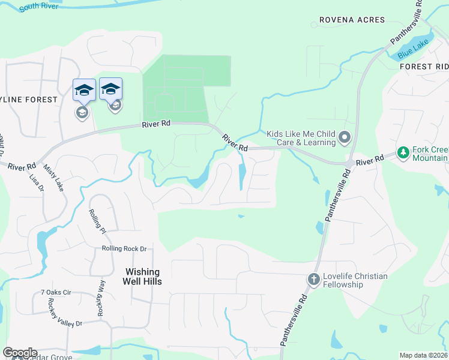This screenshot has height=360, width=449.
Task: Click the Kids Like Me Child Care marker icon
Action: point(345,138)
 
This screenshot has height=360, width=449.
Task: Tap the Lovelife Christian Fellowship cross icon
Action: point(313,279)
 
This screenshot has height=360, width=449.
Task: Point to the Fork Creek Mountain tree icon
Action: point(403,154)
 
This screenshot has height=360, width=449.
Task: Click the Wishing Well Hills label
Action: point(142,277)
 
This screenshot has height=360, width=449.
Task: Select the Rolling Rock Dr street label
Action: point(124,248)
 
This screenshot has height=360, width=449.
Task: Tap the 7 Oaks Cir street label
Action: point(56,293)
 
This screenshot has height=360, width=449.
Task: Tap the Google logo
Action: point(20,353)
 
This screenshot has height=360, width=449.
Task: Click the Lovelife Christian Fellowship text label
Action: point(354,280)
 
